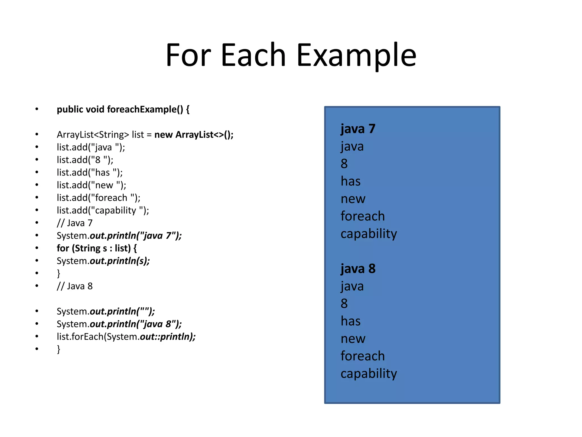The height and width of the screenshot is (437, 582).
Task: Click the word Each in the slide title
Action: click(253, 55)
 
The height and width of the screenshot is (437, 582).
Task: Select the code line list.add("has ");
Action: click(90, 172)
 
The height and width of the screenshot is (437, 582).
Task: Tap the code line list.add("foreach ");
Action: click(98, 198)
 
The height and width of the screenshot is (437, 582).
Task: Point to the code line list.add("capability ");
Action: click(103, 210)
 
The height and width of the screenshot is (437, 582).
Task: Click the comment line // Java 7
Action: click(74, 223)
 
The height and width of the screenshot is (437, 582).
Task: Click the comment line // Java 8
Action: click(74, 286)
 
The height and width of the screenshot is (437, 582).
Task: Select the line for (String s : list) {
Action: click(97, 248)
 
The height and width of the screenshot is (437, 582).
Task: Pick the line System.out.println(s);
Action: click(103, 261)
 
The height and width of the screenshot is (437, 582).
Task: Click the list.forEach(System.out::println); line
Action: click(126, 337)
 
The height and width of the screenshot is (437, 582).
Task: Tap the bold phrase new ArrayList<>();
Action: click(194, 135)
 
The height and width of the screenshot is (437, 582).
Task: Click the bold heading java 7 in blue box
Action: click(358, 129)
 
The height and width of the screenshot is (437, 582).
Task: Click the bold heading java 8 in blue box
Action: click(358, 269)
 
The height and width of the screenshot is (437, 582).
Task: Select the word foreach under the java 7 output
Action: click(362, 216)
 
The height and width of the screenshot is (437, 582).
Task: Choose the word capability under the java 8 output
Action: click(368, 374)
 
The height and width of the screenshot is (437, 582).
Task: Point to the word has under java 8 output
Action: click(350, 321)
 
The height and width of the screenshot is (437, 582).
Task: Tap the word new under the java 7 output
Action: click(353, 199)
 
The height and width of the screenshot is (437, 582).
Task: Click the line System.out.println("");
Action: click(106, 312)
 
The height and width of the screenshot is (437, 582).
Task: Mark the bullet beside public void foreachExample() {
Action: click(37, 109)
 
